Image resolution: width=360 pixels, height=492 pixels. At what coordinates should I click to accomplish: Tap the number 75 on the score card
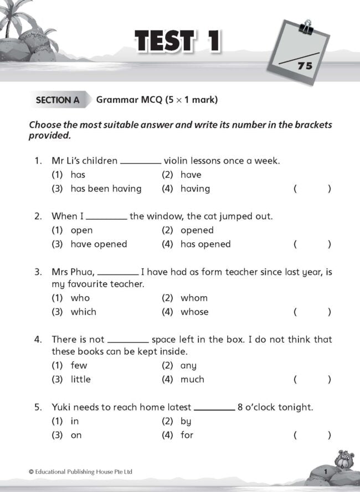305,66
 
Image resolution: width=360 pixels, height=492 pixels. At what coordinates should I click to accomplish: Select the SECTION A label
58,100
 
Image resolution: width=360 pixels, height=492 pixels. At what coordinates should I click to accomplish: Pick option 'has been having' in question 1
106,189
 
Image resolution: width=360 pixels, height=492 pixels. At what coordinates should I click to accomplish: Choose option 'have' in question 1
191,175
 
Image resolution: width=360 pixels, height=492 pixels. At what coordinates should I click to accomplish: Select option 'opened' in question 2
197,230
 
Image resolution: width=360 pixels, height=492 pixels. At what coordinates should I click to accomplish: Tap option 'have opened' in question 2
99,244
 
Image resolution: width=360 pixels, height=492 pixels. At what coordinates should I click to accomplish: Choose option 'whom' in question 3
194,298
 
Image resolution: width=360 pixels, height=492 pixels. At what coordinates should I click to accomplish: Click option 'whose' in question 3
194,312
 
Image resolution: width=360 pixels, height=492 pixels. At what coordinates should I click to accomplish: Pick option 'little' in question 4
80,379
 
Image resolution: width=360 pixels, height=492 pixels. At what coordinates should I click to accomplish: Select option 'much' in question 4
192,379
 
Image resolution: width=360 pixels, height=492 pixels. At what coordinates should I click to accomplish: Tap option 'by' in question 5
186,421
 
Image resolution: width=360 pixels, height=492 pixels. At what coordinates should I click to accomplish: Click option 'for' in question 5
187,435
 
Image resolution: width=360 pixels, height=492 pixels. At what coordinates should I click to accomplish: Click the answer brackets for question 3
312,312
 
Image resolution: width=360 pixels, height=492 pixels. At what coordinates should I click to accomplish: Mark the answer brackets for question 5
312,436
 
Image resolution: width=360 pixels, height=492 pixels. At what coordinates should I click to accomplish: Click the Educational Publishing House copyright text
81,472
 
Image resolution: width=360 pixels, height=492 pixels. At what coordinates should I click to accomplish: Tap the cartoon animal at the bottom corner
343,459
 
